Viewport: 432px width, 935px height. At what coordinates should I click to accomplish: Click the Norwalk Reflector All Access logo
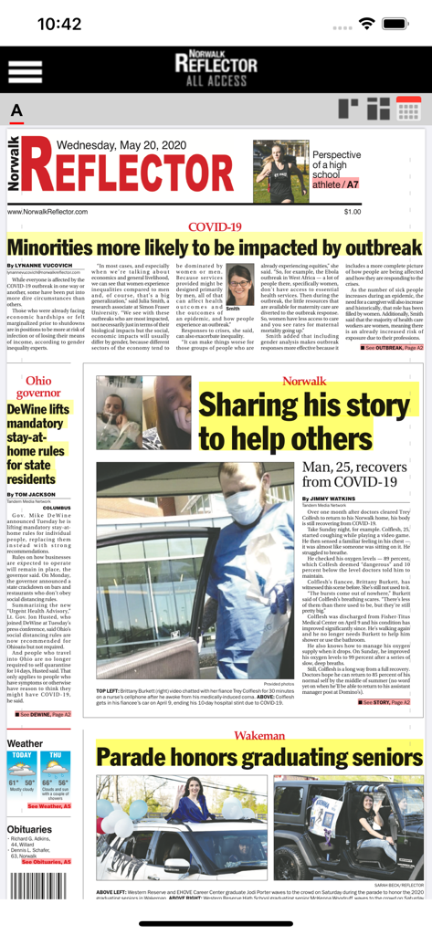(x=216, y=67)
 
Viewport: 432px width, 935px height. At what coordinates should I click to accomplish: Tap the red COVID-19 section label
(x=215, y=226)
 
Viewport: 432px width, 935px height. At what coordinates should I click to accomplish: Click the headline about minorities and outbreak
(x=216, y=247)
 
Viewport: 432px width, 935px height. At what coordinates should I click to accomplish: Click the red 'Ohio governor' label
(x=37, y=387)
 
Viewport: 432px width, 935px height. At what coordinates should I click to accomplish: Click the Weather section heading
(x=25, y=743)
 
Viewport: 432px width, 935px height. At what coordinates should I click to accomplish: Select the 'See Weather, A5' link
(x=48, y=806)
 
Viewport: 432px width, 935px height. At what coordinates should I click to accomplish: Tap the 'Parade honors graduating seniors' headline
(x=259, y=757)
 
